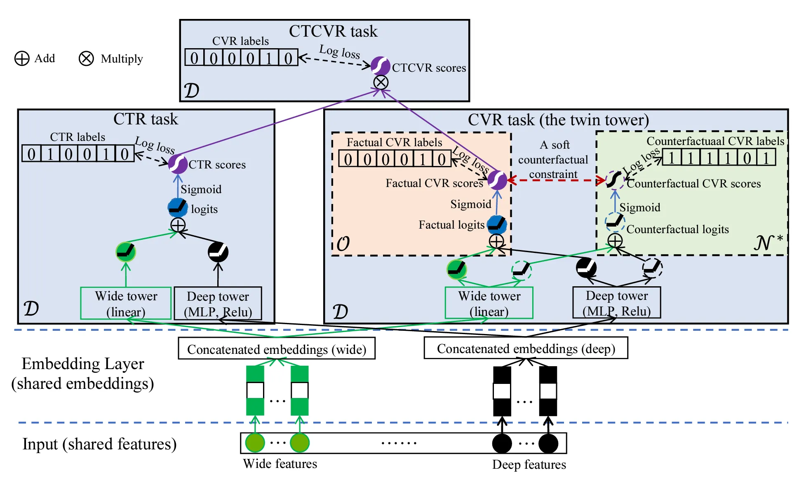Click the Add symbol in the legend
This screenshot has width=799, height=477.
point(22,58)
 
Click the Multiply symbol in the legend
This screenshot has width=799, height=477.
point(86,58)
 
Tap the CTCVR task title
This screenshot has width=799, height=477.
point(333,31)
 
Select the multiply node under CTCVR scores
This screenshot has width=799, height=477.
point(381,82)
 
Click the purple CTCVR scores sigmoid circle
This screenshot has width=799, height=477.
point(380,66)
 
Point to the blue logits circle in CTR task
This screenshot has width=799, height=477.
point(178,208)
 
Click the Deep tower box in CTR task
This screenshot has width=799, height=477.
point(218,304)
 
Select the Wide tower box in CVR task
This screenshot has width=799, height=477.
point(489,303)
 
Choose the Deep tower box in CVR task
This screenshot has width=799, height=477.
point(616,303)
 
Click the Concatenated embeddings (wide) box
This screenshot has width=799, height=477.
point(277,349)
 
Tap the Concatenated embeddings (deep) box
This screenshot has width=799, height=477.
point(526,348)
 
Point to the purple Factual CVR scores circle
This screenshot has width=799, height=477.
point(497,180)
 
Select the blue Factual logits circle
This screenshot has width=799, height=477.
point(497,224)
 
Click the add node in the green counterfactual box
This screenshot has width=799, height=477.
point(615,241)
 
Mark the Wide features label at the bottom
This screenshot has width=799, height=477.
point(280,464)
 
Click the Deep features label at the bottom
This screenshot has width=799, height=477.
point(529,465)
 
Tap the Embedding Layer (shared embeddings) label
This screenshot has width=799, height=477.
point(83,373)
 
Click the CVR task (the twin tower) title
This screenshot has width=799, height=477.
point(558,120)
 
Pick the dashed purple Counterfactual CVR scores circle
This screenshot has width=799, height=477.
point(615,180)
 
